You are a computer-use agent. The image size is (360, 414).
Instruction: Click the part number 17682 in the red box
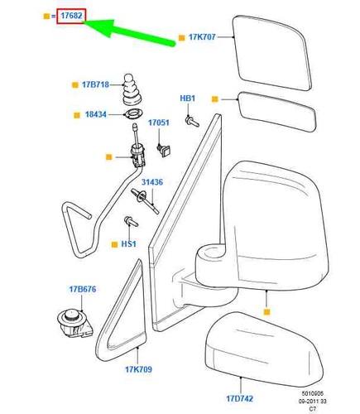coord(71,16)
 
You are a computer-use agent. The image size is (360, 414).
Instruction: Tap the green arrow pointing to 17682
coord(129,31)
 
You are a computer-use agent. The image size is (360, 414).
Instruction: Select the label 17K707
coord(202,37)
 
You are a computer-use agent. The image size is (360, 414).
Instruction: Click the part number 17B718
coord(95,84)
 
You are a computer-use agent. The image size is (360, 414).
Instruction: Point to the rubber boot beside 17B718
coord(132,89)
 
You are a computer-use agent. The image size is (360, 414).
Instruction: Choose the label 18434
coord(95,114)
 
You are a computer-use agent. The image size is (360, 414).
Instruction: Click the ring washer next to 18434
coord(134,113)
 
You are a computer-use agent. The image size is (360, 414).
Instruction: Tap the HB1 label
coord(188,98)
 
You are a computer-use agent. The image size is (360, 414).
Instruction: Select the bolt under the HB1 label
coord(192,121)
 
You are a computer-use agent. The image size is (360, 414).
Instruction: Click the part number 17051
coord(159,123)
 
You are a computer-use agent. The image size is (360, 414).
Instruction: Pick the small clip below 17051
coord(164,150)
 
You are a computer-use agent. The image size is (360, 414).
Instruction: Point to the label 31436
coord(152,182)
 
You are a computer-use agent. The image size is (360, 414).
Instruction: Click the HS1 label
coord(128,244)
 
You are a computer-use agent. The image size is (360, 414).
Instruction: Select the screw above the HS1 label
coord(132,221)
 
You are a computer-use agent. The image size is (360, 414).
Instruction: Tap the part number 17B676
coord(83,289)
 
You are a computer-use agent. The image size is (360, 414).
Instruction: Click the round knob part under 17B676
coord(74,322)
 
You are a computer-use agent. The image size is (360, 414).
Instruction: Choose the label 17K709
coord(138,369)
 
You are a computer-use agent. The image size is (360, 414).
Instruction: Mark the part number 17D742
coord(239,398)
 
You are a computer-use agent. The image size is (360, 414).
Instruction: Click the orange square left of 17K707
coord(181,38)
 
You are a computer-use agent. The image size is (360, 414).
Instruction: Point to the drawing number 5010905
coord(312,393)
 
